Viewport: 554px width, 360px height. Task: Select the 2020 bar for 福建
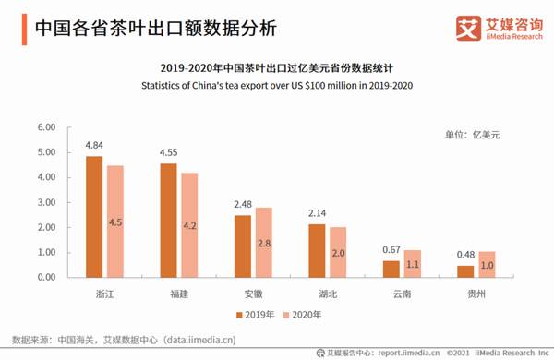188,225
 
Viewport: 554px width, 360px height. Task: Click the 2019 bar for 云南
391,269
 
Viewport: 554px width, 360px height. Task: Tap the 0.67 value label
391,250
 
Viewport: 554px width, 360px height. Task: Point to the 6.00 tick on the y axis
45,127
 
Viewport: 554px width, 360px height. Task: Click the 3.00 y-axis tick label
45,202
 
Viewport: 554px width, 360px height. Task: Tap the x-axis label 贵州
475,293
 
